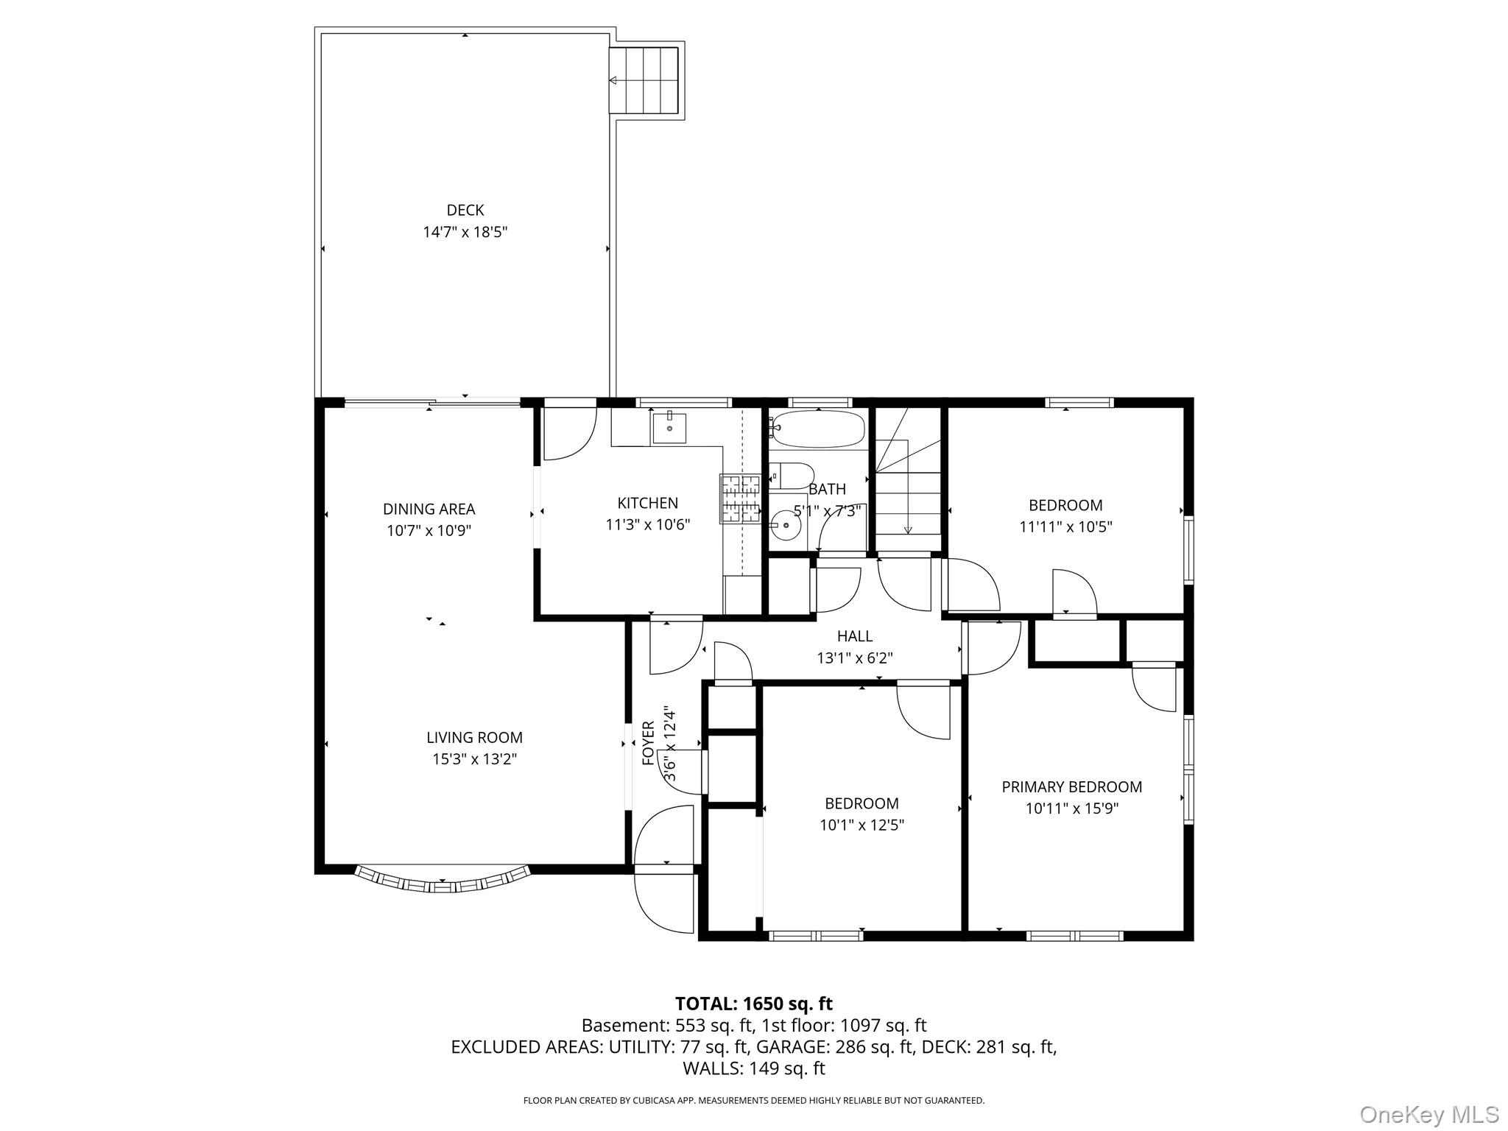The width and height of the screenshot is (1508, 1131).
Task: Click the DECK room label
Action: pyautogui.click(x=465, y=211)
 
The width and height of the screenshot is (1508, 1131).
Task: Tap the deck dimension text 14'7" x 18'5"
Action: pyautogui.click(x=465, y=233)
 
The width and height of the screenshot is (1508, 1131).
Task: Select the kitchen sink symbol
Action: pyautogui.click(x=669, y=427)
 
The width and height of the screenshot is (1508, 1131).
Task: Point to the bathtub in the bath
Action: pyautogui.click(x=818, y=429)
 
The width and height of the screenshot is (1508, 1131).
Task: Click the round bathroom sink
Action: pyautogui.click(x=786, y=525)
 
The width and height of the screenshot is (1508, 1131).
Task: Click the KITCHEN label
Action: pyautogui.click(x=647, y=504)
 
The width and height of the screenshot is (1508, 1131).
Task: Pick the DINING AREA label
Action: pyautogui.click(x=429, y=510)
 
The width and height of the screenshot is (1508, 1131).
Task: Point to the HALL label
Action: pyautogui.click(x=854, y=636)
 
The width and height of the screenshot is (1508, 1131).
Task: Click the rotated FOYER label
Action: pyautogui.click(x=649, y=744)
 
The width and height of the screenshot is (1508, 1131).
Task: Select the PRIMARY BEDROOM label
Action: pyautogui.click(x=1071, y=787)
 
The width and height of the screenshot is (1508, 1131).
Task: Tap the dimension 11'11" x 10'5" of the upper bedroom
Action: pyautogui.click(x=1065, y=527)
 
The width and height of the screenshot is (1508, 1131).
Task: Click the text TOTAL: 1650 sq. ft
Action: pyautogui.click(x=753, y=1004)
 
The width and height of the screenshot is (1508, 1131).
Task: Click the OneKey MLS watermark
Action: pyautogui.click(x=1428, y=1114)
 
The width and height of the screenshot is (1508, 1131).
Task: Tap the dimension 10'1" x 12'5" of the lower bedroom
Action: pyautogui.click(x=862, y=825)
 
